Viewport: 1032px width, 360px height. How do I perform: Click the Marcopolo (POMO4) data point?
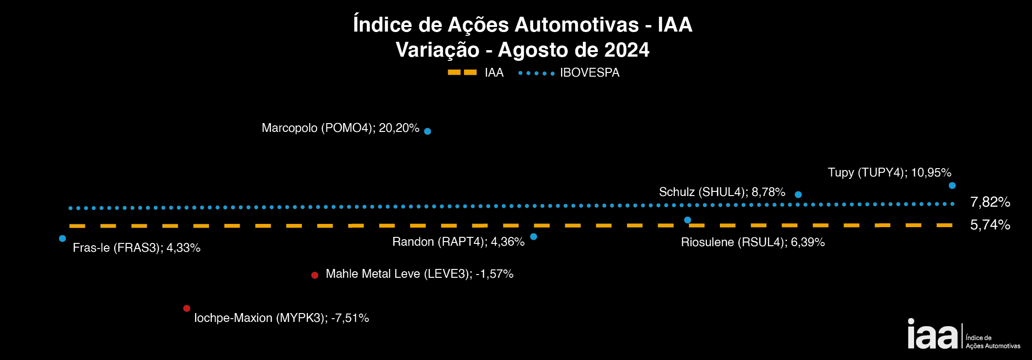pyautogui.click(x=427, y=131)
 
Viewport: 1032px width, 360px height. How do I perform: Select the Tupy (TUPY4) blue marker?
pyautogui.click(x=952, y=185)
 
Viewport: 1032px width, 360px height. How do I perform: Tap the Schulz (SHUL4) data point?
pyautogui.click(x=798, y=195)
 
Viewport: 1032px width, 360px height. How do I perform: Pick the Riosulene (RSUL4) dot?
pyautogui.click(x=687, y=220)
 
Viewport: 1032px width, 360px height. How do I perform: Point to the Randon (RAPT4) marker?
pyautogui.click(x=534, y=237)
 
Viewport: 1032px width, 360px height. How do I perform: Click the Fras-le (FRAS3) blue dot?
pyautogui.click(x=62, y=239)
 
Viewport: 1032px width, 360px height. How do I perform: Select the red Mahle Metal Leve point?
pyautogui.click(x=314, y=275)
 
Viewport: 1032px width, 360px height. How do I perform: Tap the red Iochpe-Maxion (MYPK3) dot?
pyautogui.click(x=187, y=308)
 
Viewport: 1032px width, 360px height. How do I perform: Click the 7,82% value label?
pyautogui.click(x=990, y=202)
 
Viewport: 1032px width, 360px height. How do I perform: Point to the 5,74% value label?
pyautogui.click(x=990, y=225)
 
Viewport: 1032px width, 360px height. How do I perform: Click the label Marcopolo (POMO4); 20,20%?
pyautogui.click(x=340, y=128)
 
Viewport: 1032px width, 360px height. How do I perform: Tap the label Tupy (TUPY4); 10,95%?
pyautogui.click(x=889, y=173)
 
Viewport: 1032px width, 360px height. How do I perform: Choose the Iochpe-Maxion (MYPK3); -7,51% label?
pyautogui.click(x=281, y=318)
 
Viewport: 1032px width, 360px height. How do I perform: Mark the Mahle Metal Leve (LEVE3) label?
pyautogui.click(x=419, y=274)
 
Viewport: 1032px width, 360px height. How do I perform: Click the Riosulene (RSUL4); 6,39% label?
pyautogui.click(x=752, y=242)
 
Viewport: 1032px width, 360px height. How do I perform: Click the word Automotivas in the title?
pyautogui.click(x=576, y=25)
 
